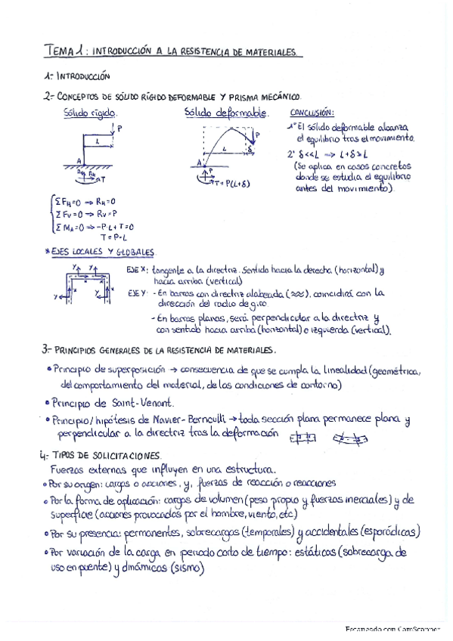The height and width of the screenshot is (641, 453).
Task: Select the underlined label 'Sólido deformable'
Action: (226, 113)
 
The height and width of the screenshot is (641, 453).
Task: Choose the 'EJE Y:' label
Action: (137, 292)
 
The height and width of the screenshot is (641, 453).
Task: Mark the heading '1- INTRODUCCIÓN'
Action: (77, 76)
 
